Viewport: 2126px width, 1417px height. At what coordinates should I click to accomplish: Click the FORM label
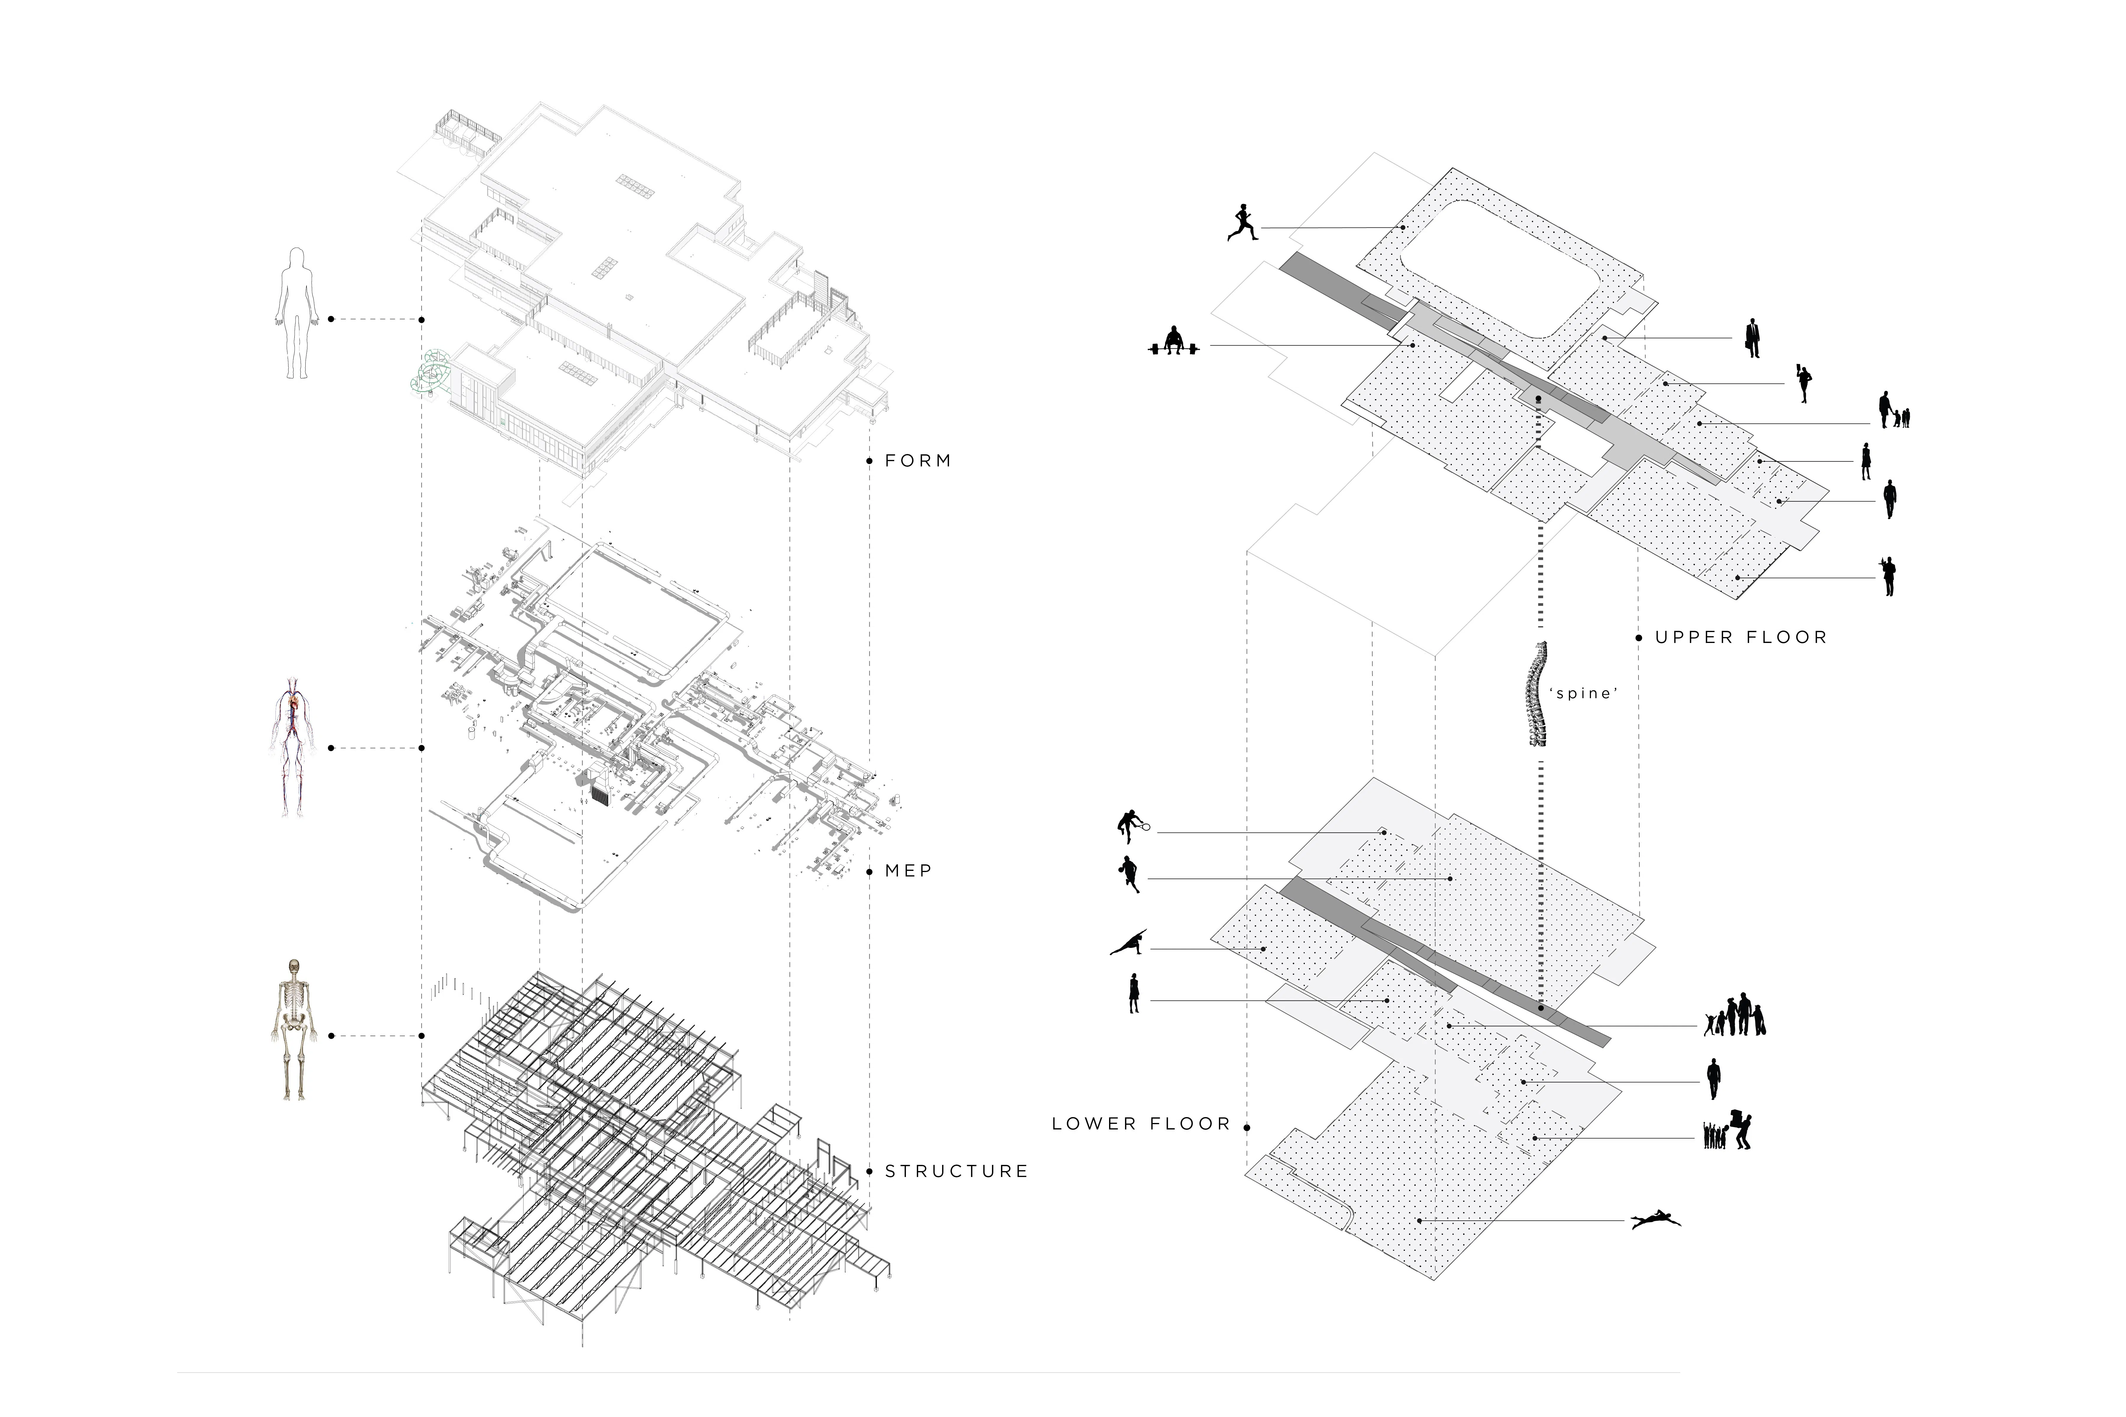pos(917,461)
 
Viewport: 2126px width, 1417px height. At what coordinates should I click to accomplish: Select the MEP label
pos(907,871)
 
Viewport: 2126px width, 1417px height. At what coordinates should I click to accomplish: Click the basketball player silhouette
pos(1129,874)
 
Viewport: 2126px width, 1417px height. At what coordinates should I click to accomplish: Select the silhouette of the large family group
pos(1734,1017)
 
